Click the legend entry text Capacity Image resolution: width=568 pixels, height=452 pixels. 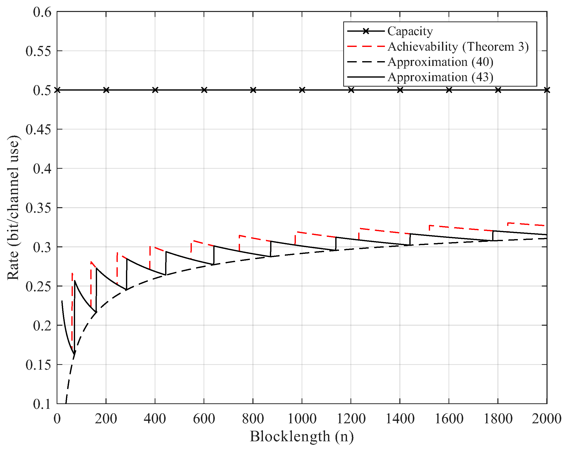tap(410, 31)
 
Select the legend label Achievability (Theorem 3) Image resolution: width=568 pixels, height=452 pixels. tap(458, 47)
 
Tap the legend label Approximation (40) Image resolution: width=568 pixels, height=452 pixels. tap(441, 62)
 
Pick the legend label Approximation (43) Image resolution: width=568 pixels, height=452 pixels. tap(441, 77)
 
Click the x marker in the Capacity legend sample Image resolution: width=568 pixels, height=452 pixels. tap(366, 31)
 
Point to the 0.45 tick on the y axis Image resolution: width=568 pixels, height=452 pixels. tap(38, 129)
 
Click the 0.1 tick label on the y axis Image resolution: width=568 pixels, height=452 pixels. tap(42, 404)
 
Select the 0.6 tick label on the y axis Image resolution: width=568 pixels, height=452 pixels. tap(42, 12)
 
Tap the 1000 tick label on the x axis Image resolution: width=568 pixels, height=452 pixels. tap(302, 419)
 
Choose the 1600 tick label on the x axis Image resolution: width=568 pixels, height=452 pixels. tap(449, 419)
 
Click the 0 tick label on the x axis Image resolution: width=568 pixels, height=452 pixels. tap(57, 419)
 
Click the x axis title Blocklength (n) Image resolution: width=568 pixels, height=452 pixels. tap(302, 437)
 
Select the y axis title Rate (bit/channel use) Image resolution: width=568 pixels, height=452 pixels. tap(13, 208)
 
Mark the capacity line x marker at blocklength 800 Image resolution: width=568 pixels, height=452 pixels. tap(253, 90)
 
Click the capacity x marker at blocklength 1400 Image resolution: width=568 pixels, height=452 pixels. tap(400, 90)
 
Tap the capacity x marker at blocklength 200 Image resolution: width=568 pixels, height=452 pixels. tap(106, 90)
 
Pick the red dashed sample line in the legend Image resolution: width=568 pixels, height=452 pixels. tap(366, 46)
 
